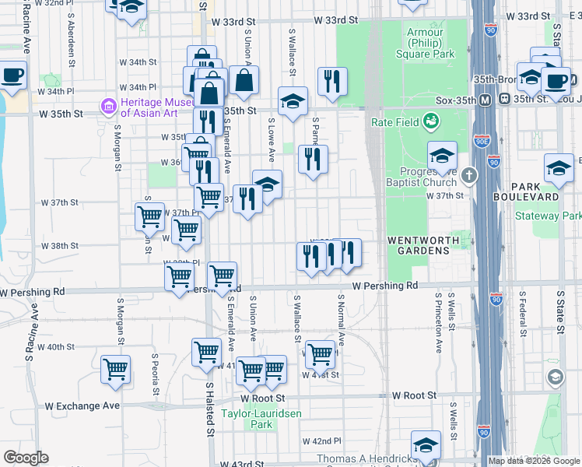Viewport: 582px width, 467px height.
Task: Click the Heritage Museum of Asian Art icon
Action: click(108, 105)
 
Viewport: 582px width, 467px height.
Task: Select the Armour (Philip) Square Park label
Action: click(429, 44)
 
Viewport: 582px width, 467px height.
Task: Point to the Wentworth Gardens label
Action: click(419, 245)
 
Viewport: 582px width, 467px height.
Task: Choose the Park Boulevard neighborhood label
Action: click(537, 191)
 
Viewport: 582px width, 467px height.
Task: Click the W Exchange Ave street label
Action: click(82, 406)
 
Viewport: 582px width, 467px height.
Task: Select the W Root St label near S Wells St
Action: click(414, 395)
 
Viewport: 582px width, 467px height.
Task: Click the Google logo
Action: click(25, 457)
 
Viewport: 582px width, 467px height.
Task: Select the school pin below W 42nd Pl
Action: click(426, 446)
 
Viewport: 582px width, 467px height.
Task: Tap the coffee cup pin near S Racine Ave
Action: click(12, 77)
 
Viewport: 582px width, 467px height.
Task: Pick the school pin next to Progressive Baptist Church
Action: click(441, 157)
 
